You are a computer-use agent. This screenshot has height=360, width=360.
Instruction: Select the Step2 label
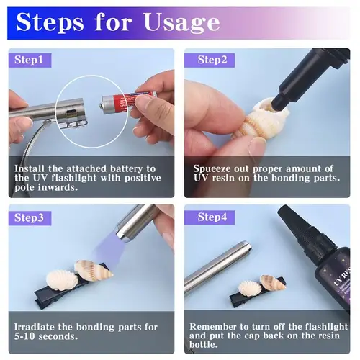(212, 60)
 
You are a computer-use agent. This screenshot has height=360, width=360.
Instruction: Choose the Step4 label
(212, 217)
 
